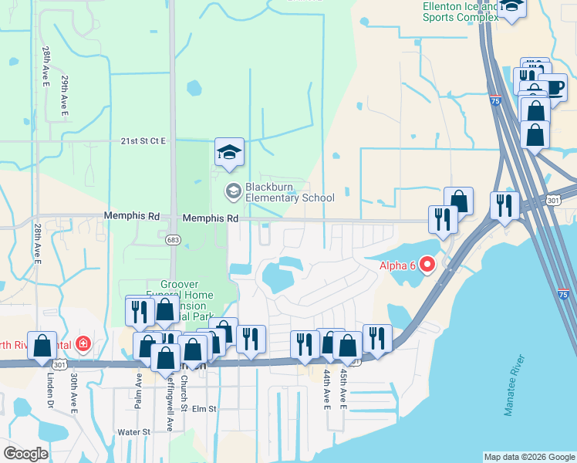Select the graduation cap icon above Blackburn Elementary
coord(229,151)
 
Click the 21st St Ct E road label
coord(143,141)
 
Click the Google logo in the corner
coord(25,454)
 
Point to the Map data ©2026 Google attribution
coord(529,457)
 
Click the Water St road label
coord(133,432)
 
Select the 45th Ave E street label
coord(343,389)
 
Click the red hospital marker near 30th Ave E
coord(82,343)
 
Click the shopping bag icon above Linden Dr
coord(42,345)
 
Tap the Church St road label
coord(184,394)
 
